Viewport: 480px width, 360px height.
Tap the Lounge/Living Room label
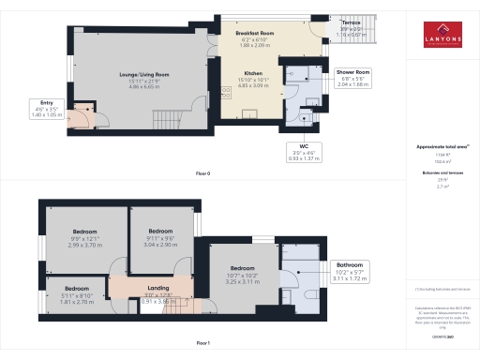(x=142, y=75)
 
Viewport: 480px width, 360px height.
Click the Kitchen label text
(x=253, y=73)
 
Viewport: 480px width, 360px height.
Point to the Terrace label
(x=351, y=21)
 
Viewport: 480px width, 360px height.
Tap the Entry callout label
(x=46, y=105)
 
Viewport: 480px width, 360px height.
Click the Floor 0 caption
(x=202, y=174)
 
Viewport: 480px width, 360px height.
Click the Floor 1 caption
(x=202, y=343)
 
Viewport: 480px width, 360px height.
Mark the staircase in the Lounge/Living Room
(x=166, y=119)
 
